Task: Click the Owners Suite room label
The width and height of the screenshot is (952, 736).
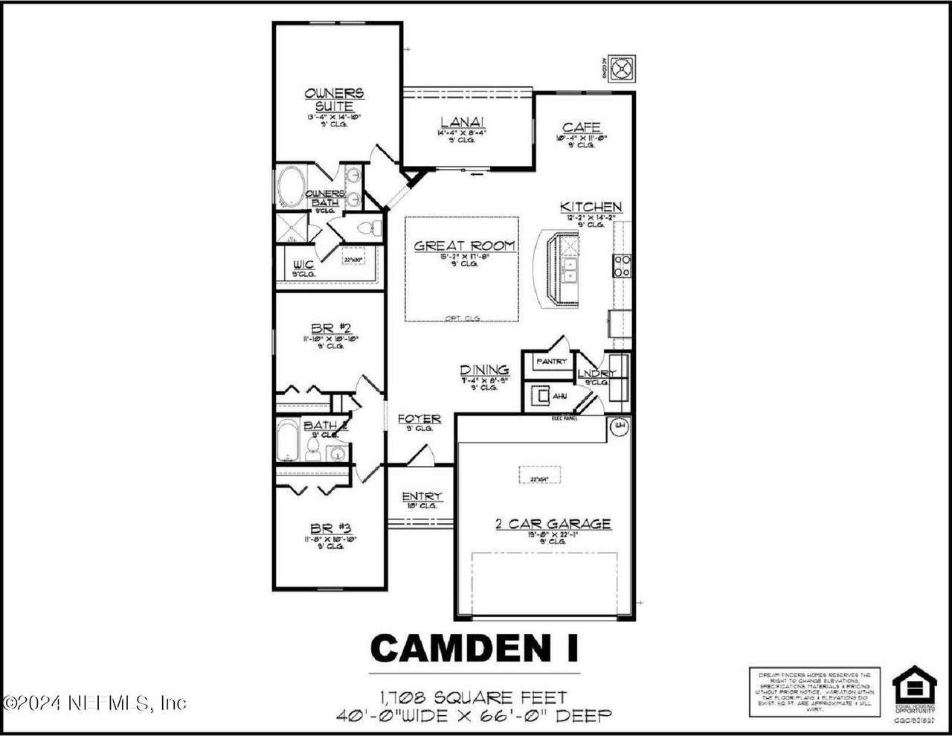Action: point(334,100)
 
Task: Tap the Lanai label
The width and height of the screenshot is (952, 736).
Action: point(457,122)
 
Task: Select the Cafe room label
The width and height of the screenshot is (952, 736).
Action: point(581,128)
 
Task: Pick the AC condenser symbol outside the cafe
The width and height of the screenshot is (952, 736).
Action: point(621,67)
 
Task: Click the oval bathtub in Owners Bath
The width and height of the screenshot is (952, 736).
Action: point(292,187)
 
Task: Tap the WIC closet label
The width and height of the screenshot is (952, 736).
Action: point(303,264)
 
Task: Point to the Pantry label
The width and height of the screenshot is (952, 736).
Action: point(551,362)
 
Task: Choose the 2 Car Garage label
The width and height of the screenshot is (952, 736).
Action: point(553,524)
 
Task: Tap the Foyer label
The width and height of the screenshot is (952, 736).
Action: point(419,419)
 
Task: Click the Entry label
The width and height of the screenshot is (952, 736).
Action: point(422,496)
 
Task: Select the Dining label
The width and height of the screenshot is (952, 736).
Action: point(484,370)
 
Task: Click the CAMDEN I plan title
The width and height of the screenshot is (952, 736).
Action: point(474,648)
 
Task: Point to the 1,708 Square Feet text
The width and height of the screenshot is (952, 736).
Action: point(474,698)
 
